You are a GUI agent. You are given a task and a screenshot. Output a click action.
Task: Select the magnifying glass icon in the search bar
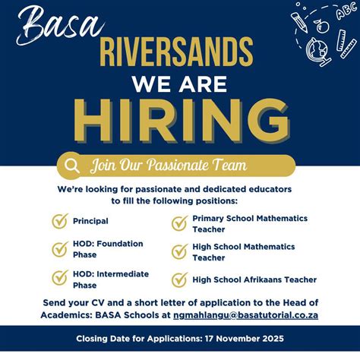[x=73, y=165]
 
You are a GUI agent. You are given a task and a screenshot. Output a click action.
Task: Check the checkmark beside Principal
[x=59, y=221]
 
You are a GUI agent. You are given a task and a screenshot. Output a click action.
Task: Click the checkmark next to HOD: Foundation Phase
[x=59, y=249]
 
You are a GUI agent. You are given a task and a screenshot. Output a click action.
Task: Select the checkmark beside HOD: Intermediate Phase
[x=59, y=279]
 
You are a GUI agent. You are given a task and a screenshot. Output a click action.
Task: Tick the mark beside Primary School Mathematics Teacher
[x=179, y=223]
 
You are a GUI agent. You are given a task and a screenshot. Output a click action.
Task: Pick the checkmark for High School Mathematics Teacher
[x=179, y=251]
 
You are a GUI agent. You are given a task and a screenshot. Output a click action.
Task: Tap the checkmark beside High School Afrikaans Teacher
[x=179, y=279]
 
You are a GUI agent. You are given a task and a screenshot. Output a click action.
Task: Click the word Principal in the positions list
[x=90, y=221]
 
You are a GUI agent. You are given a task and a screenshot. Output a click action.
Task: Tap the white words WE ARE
[x=179, y=82]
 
